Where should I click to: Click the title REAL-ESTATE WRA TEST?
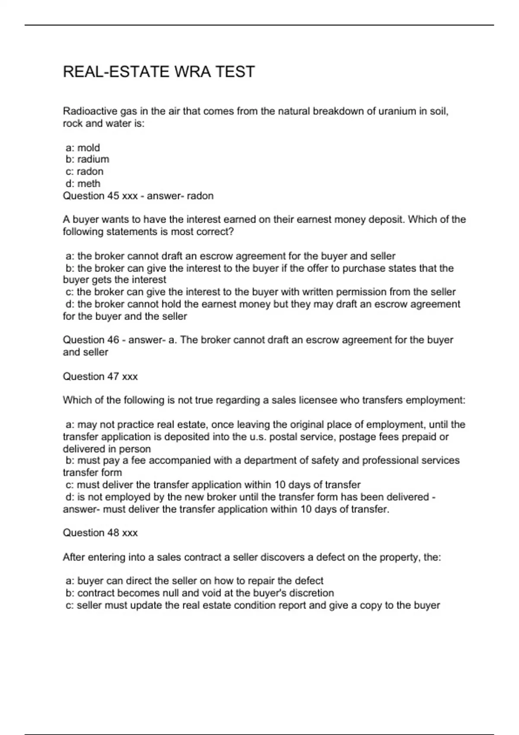[x=159, y=72]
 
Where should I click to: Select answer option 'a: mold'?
[x=83, y=148]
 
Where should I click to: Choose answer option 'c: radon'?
[x=84, y=172]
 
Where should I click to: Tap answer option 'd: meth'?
[x=83, y=184]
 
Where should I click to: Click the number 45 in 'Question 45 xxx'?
[x=113, y=196]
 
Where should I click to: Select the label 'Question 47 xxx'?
[x=100, y=377]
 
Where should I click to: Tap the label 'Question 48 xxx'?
[x=100, y=533]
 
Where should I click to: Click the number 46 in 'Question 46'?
[x=113, y=340]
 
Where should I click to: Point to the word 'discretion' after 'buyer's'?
[x=311, y=593]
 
